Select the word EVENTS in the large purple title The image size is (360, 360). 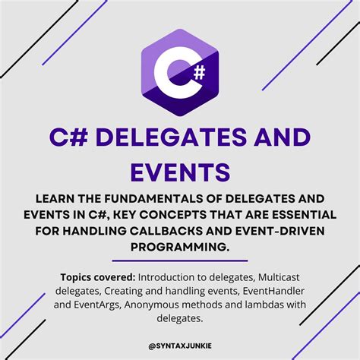180,171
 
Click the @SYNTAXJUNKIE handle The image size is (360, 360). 180,343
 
